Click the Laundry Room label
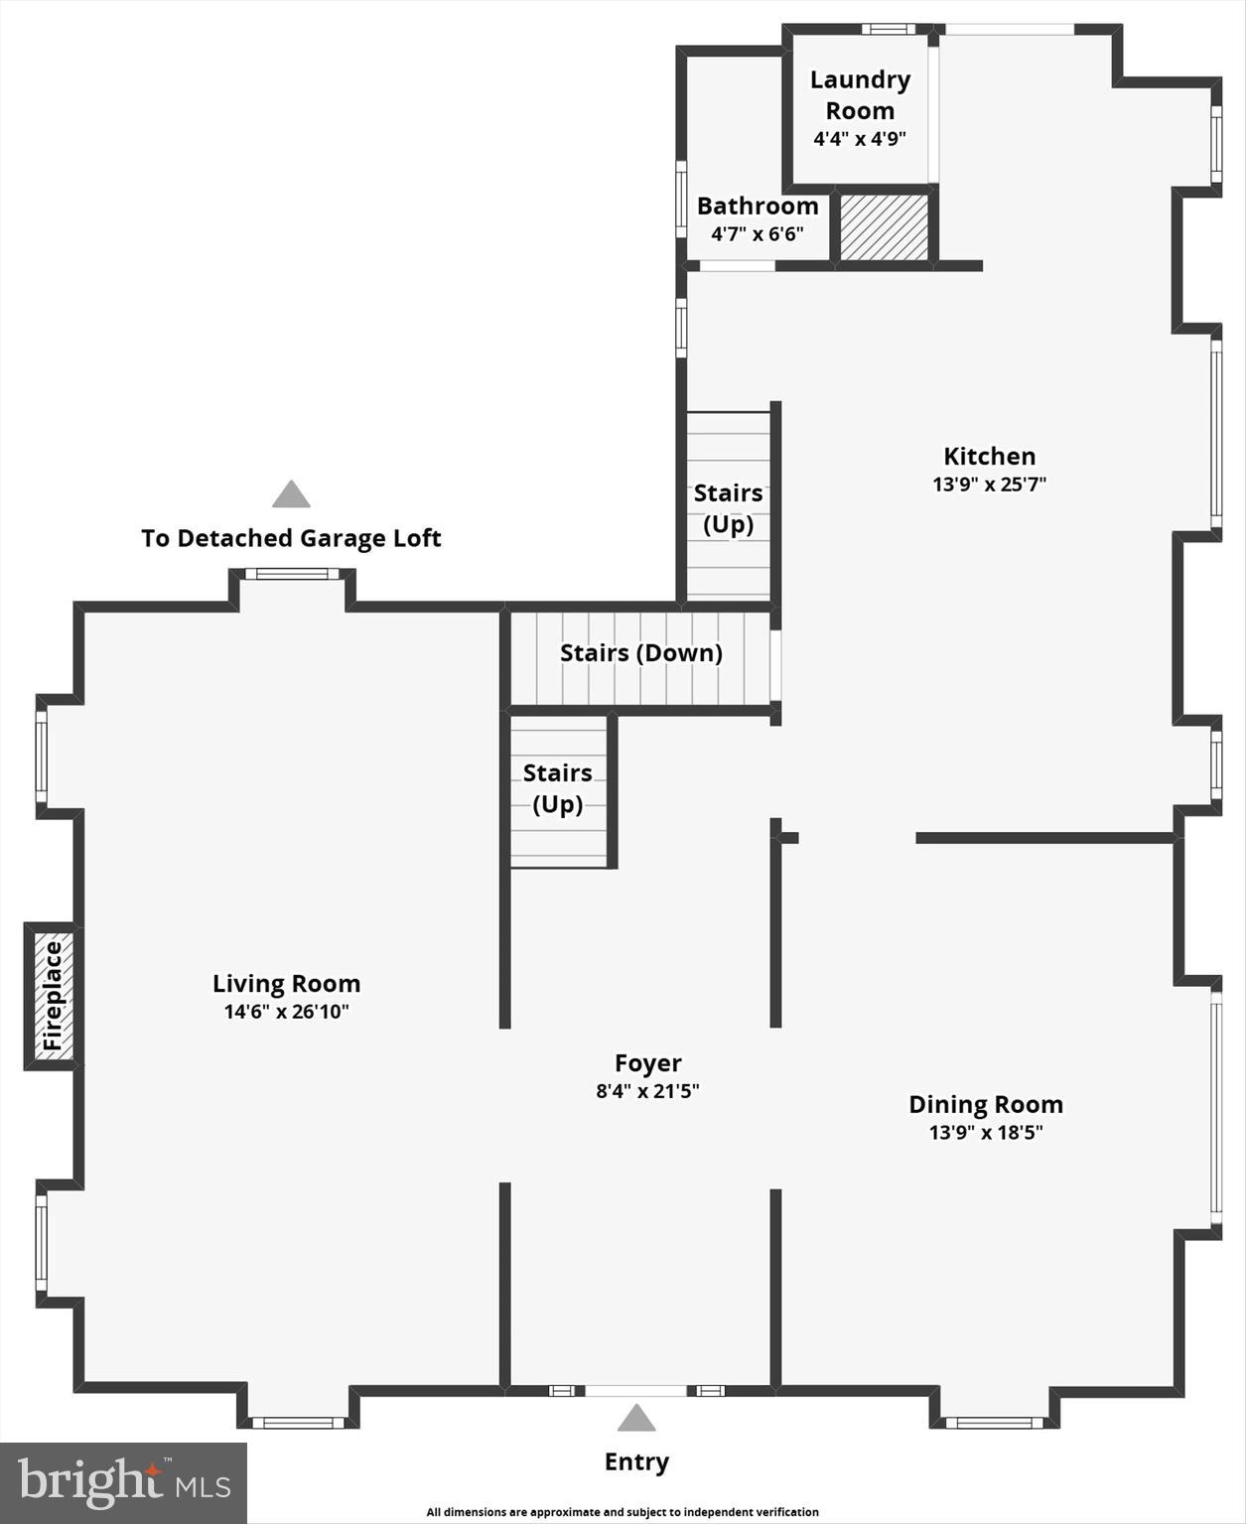[860, 94]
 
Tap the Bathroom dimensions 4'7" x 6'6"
[758, 234]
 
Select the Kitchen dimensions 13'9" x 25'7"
[990, 485]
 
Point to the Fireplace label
[53, 996]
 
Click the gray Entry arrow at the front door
[636, 1418]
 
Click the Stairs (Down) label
[641, 653]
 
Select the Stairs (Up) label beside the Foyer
[557, 788]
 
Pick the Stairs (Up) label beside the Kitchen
[728, 508]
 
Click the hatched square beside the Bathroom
[884, 227]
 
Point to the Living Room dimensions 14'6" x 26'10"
[286, 1012]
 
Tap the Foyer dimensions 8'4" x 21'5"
[647, 1091]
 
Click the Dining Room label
[986, 1105]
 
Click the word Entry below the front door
[636, 1461]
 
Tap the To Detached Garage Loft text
[291, 538]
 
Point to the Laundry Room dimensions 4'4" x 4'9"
[860, 139]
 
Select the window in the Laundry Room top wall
[889, 29]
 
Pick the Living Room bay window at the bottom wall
[298, 1423]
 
